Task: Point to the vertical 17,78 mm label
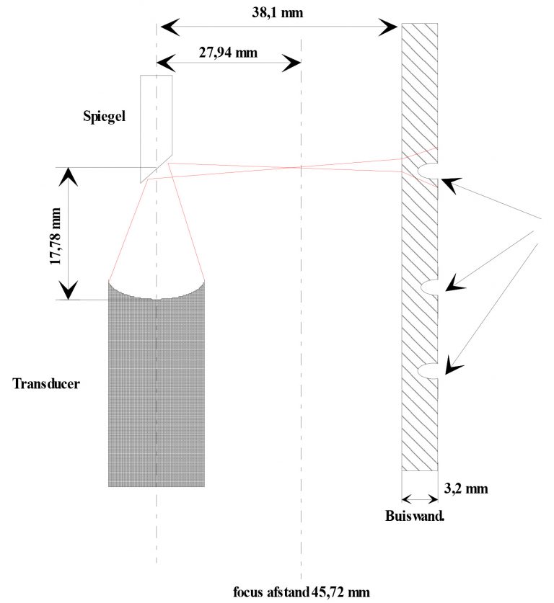(55, 234)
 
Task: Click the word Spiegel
(105, 116)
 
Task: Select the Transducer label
(46, 383)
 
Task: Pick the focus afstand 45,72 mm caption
(301, 593)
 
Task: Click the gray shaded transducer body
(157, 389)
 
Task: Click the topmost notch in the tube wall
(428, 171)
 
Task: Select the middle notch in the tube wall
(428, 287)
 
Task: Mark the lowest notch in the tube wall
(428, 370)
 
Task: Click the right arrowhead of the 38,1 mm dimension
(390, 27)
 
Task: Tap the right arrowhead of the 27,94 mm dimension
(291, 63)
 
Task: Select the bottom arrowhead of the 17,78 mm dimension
(69, 290)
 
